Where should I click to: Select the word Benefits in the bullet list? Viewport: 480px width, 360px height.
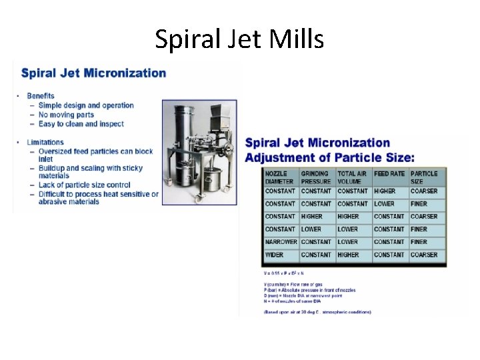[41, 96]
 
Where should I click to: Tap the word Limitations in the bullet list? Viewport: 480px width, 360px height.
[45, 142]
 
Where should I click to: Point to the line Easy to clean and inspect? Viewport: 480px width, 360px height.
[81, 124]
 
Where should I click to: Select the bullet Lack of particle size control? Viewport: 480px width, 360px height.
[85, 185]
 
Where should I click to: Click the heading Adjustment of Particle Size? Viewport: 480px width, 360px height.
[329, 157]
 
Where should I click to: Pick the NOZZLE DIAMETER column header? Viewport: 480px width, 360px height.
[279, 177]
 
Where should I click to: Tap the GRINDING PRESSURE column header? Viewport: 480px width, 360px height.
[316, 177]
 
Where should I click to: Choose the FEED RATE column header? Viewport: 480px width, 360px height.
[390, 174]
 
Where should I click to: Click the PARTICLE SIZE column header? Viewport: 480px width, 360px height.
[425, 177]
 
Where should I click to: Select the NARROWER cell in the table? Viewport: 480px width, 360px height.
[280, 242]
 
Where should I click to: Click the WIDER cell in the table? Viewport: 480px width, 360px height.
[274, 255]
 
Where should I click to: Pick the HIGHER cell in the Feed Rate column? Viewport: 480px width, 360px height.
[385, 191]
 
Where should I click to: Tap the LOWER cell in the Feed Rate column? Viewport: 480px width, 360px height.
[384, 203]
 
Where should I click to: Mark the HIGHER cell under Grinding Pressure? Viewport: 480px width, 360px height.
[311, 217]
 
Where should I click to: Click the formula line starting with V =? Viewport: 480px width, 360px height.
[284, 273]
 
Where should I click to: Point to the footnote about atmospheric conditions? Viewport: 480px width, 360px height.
[318, 312]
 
